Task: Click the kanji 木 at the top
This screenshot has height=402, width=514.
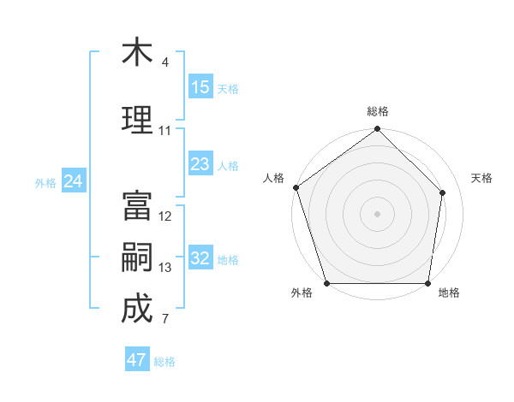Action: tap(137, 53)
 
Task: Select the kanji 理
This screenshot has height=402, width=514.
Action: tap(137, 118)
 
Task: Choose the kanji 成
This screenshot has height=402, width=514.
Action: tap(137, 309)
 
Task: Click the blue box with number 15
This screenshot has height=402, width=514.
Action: tap(200, 87)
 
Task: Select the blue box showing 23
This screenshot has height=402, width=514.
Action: tap(200, 164)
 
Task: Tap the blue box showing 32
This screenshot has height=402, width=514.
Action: tap(200, 258)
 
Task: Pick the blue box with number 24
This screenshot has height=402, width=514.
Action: tap(74, 181)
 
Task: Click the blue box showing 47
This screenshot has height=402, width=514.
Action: tap(137, 360)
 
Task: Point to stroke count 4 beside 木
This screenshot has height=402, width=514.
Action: tap(165, 62)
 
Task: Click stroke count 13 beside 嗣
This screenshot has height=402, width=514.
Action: tap(165, 268)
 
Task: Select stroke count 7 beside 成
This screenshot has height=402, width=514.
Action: tap(165, 319)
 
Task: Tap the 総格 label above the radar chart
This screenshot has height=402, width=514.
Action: tap(378, 111)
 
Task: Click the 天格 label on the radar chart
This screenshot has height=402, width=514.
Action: tap(482, 178)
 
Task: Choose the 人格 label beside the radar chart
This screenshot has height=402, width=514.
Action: tap(274, 178)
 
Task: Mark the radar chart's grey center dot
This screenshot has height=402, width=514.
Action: tap(378, 213)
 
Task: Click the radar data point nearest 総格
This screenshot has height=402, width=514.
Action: tap(378, 130)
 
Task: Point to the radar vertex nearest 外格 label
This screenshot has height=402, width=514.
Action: tap(326, 283)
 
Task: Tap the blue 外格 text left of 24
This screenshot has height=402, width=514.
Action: tap(45, 182)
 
